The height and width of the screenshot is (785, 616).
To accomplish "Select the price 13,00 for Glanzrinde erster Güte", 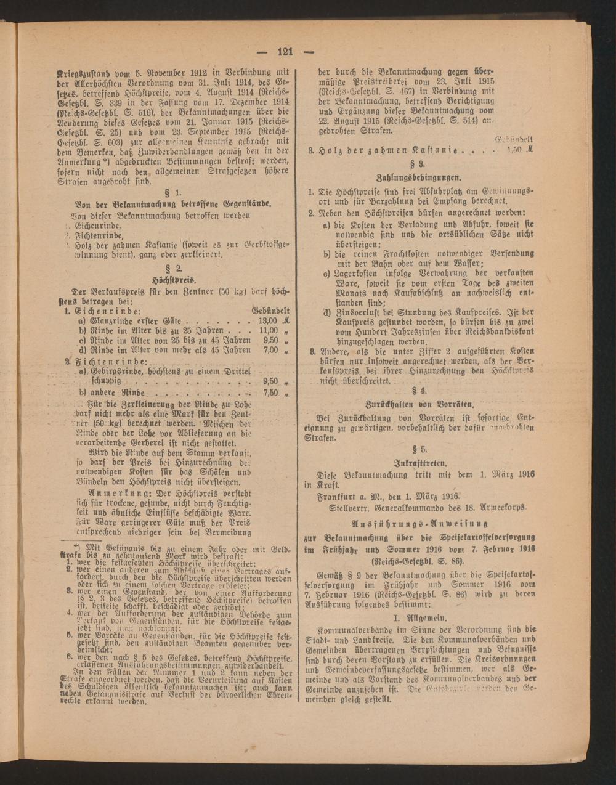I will [266, 321].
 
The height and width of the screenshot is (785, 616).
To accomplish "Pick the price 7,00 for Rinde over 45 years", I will [270, 349].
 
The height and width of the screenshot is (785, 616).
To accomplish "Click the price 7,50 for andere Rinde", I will [270, 392].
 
